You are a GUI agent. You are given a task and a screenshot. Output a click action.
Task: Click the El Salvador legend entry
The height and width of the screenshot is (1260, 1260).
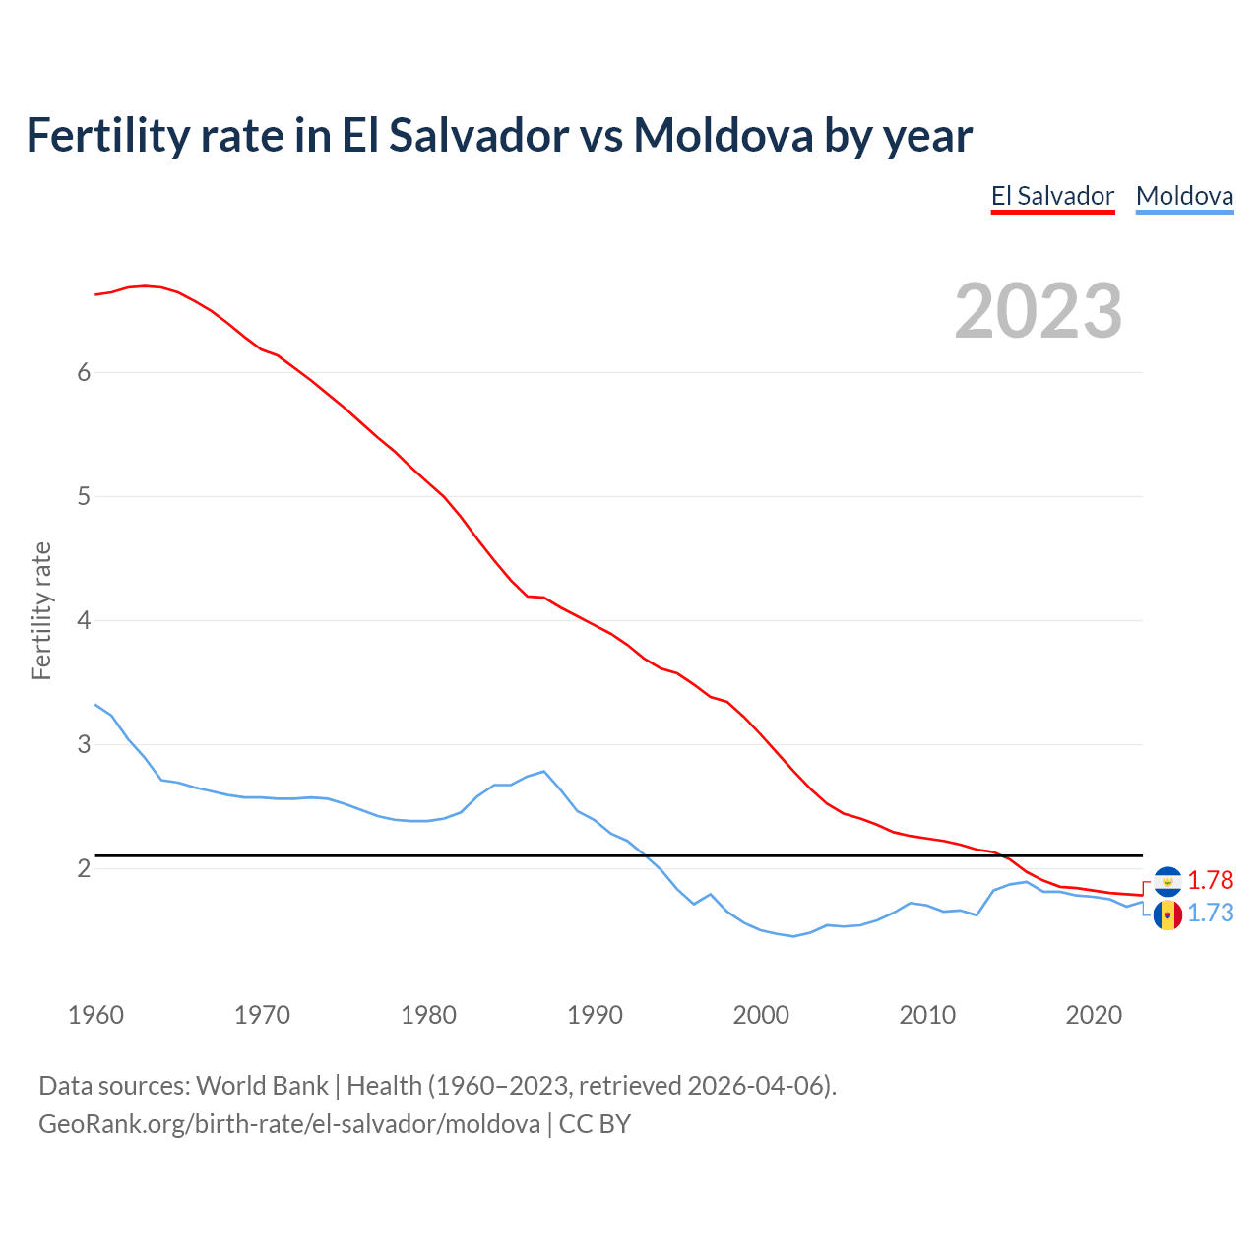(x=1052, y=196)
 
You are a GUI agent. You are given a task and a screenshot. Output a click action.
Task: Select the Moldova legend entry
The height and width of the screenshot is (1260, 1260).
(x=1184, y=196)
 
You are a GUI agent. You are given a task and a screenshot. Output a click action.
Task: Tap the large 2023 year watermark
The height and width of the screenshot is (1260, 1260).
(x=1038, y=311)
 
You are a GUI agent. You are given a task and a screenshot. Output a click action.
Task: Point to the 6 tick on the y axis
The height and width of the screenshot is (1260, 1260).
(x=84, y=372)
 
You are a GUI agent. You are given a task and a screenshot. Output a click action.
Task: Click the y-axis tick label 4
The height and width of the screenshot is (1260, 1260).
(x=84, y=620)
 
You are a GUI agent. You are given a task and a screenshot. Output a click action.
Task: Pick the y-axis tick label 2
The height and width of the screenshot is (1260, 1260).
(x=84, y=868)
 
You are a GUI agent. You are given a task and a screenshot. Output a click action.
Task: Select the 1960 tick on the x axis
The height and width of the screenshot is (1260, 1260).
(x=95, y=1015)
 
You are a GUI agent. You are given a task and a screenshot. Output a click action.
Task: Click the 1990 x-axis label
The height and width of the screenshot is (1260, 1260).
(x=595, y=1015)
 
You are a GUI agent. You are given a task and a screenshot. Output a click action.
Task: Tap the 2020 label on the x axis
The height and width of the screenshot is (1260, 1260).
(x=1094, y=1015)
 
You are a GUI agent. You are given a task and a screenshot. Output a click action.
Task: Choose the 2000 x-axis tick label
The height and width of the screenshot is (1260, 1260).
(x=761, y=1015)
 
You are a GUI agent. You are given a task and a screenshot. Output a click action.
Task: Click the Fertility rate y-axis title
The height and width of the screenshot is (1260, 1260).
(x=41, y=610)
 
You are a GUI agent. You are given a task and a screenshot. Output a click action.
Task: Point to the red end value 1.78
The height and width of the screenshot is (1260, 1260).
(x=1210, y=880)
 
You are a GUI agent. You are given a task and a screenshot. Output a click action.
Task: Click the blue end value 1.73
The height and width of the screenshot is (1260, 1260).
(x=1210, y=913)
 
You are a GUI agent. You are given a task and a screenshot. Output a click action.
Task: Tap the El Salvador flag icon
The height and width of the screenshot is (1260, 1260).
(x=1167, y=881)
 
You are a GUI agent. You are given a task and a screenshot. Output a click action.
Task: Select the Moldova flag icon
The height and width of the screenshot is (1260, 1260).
(x=1167, y=915)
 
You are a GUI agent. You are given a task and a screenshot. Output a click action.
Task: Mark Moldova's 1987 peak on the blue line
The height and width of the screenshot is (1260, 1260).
(x=543, y=771)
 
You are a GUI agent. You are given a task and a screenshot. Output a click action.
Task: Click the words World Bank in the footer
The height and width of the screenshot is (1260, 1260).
(x=262, y=1086)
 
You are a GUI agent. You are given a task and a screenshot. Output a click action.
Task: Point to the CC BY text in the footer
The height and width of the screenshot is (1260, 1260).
(x=595, y=1124)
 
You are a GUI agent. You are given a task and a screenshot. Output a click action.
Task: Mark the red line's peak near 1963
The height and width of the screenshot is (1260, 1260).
(x=145, y=285)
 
